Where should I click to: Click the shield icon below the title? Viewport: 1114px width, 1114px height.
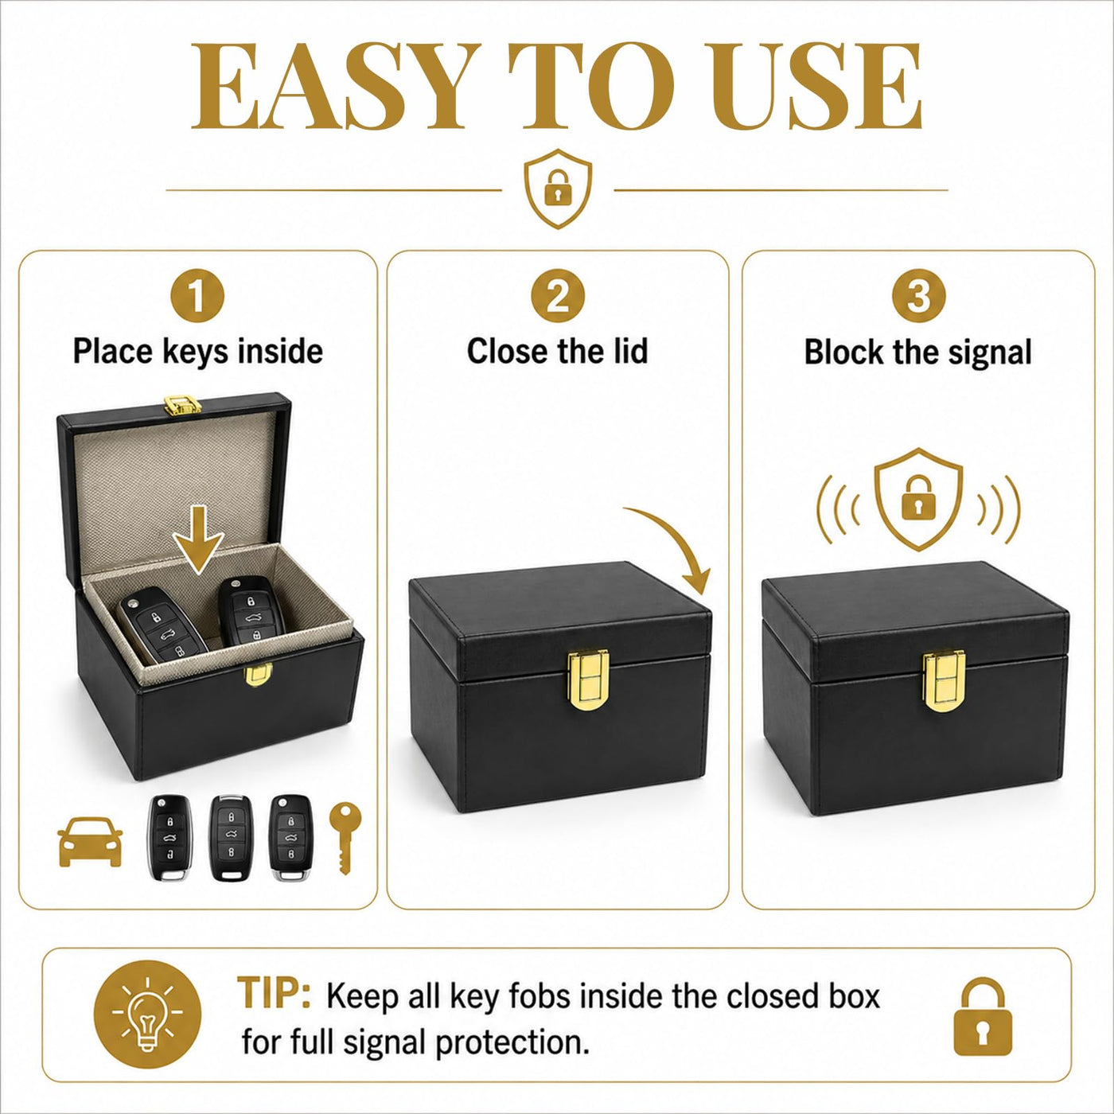(x=558, y=189)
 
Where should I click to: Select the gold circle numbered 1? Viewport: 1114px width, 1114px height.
(x=197, y=296)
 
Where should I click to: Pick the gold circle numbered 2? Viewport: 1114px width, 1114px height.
(x=558, y=296)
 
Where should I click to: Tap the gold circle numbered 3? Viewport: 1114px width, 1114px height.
(x=918, y=296)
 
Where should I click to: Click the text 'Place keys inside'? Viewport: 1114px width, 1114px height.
(x=197, y=352)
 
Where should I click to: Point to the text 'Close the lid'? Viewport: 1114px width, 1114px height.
(x=557, y=352)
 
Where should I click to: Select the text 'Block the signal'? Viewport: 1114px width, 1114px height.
(x=918, y=352)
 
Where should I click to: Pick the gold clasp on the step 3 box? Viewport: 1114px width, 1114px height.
(x=944, y=681)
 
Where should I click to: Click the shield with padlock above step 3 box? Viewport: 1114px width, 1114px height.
(x=918, y=499)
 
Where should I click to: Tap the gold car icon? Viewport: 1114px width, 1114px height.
(x=90, y=843)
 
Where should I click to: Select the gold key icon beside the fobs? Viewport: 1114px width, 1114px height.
(x=345, y=838)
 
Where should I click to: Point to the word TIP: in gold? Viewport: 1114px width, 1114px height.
(x=274, y=992)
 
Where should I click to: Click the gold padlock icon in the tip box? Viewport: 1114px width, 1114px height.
(x=983, y=1015)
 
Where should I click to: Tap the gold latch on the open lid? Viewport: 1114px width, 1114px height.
(x=183, y=405)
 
